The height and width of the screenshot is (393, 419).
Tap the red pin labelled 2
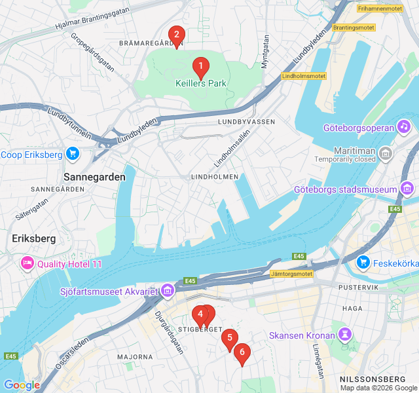pos(176,35)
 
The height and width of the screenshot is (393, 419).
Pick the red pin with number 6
pos(242,353)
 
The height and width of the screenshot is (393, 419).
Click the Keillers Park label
pos(200,84)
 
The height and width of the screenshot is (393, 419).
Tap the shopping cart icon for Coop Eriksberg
pos(72,155)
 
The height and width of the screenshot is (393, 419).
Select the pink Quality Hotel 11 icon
pos(27,264)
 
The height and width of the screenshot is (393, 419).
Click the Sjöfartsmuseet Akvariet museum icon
pos(168,290)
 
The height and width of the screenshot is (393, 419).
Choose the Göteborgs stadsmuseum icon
pos(407,190)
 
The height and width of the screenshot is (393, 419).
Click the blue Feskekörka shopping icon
pos(363,262)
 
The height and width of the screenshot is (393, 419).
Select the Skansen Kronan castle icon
pos(344,335)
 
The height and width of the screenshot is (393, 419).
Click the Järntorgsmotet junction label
pos(291,273)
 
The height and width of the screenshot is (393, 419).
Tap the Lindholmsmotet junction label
pos(303,76)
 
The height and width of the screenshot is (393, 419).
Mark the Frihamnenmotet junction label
pos(380,9)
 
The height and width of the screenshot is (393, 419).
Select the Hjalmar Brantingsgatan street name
pos(92,25)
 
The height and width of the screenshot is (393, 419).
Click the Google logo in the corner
pos(22,385)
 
